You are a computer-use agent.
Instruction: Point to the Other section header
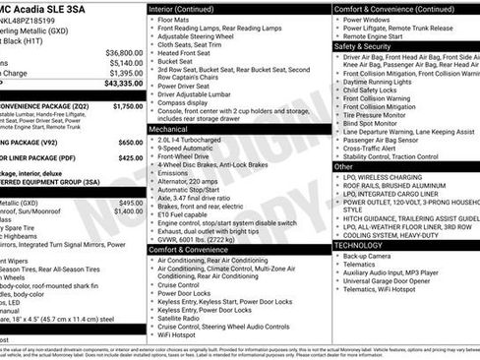click(343, 166)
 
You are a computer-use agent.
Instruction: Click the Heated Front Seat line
click(187, 52)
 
